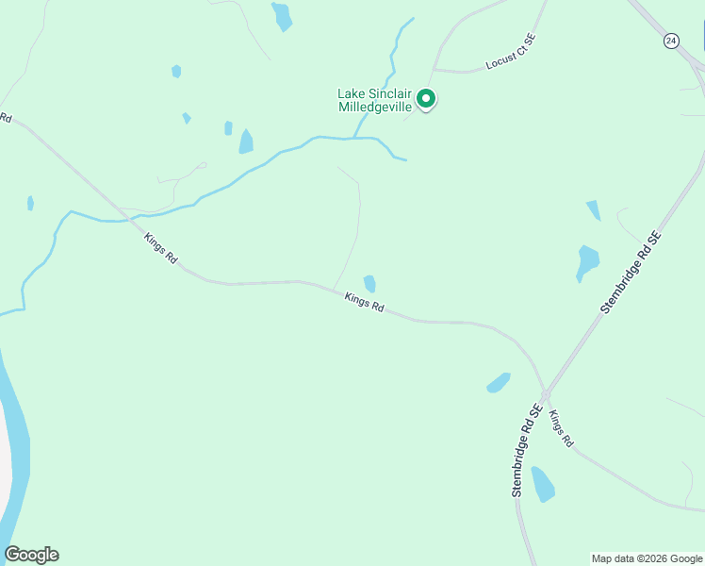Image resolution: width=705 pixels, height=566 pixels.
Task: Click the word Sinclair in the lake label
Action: pyautogui.click(x=389, y=93)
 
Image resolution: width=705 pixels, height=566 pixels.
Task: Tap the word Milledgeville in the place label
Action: pyautogui.click(x=374, y=107)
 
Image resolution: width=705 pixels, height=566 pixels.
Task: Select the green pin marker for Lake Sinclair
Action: pyautogui.click(x=426, y=98)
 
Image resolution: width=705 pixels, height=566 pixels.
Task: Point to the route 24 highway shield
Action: pyautogui.click(x=670, y=41)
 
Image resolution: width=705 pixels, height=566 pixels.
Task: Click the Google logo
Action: pyautogui.click(x=31, y=555)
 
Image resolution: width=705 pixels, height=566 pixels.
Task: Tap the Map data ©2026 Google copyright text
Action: pyautogui.click(x=647, y=558)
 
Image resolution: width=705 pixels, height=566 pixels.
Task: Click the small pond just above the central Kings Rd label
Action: pyautogui.click(x=369, y=283)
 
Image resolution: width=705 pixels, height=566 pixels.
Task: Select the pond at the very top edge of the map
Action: pyautogui.click(x=282, y=16)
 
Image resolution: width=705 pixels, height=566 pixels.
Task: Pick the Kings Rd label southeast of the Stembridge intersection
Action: pyautogui.click(x=561, y=428)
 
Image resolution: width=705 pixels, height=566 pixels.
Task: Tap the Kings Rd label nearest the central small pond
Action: pyautogui.click(x=364, y=303)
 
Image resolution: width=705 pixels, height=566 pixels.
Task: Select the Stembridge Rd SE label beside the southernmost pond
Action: pyautogui.click(x=524, y=451)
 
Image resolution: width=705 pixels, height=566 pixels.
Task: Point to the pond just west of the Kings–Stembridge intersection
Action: pyautogui.click(x=499, y=382)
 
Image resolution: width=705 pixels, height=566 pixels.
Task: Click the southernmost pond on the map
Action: pyautogui.click(x=542, y=483)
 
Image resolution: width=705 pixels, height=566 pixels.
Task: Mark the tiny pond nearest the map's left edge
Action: pyautogui.click(x=31, y=203)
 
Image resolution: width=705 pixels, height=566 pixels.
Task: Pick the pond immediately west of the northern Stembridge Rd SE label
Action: pyautogui.click(x=587, y=261)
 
